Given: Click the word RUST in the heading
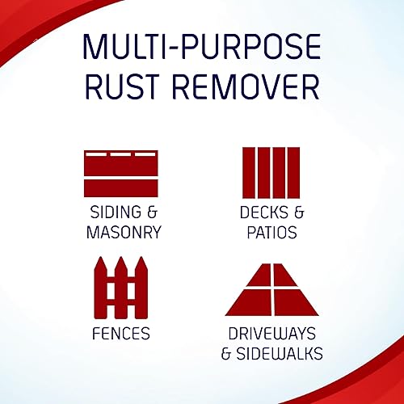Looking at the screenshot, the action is [x=122, y=86].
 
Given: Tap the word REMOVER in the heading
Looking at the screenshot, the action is [x=246, y=86].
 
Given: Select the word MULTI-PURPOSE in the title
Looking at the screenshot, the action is [x=202, y=46].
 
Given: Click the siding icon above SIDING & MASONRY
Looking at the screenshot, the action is [x=121, y=174].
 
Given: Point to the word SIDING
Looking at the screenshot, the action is [x=116, y=212].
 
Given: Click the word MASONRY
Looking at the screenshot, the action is [x=124, y=232].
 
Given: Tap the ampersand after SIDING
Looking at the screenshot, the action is [x=152, y=212].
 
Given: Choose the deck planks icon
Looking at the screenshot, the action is [x=271, y=173].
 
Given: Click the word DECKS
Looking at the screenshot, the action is [x=264, y=213].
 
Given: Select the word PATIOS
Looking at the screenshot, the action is [x=272, y=232].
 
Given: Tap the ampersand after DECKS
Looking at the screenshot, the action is [x=299, y=213].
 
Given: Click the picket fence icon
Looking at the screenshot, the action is [x=121, y=288].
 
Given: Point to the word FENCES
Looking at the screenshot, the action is [x=121, y=334].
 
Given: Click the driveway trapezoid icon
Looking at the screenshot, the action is [x=272, y=290].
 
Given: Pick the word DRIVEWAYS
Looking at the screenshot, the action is [x=272, y=334].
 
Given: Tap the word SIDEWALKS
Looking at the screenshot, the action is [x=280, y=353].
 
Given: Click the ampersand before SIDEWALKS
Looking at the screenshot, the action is [x=226, y=353].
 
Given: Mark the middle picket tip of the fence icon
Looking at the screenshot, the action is [x=121, y=257].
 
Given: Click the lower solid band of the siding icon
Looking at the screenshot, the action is [x=121, y=188].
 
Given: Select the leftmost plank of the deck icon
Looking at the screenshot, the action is [x=249, y=173].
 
